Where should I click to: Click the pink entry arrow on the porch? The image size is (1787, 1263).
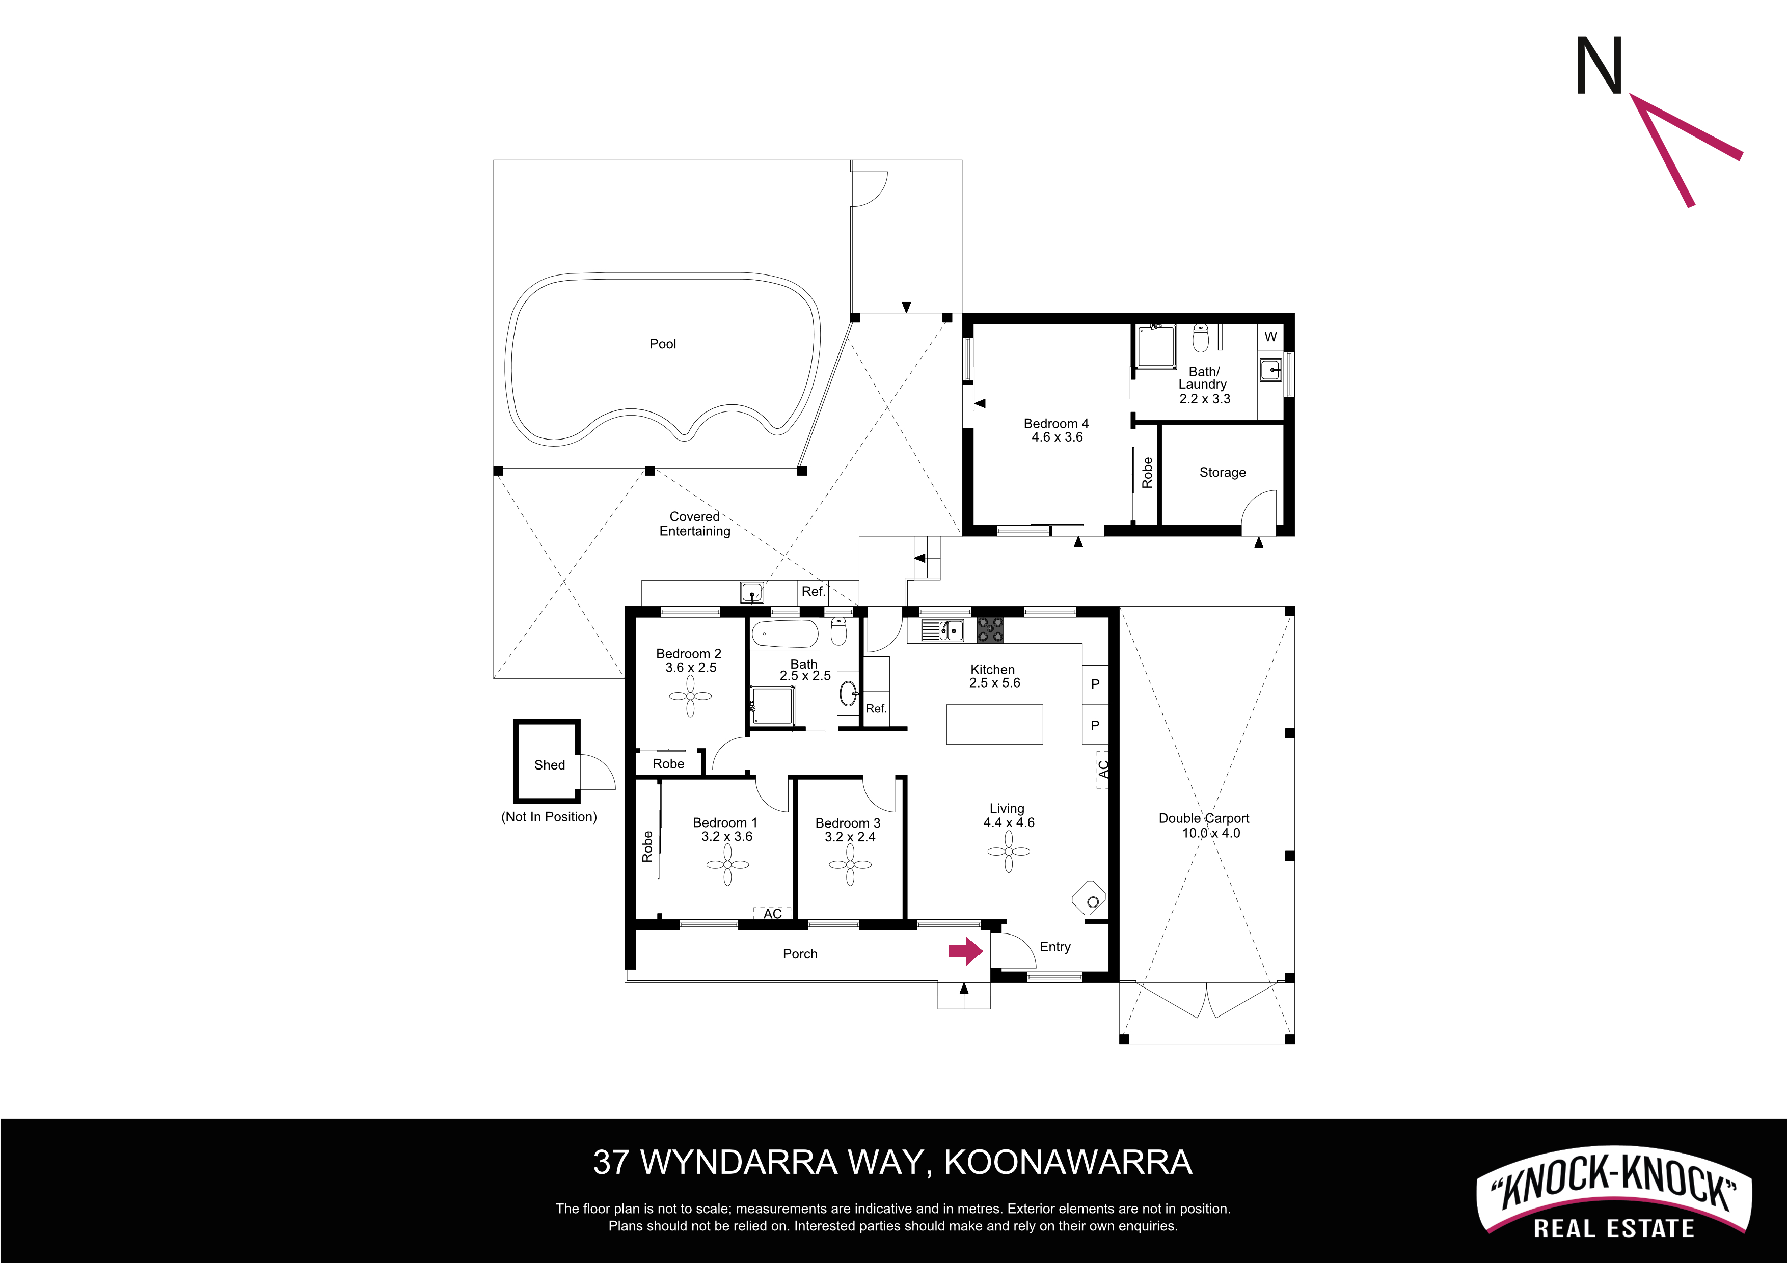[966, 951]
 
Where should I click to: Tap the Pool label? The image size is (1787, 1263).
[663, 344]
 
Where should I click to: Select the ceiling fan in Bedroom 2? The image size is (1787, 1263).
[690, 696]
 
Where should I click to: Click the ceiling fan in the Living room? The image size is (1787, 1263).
[1009, 852]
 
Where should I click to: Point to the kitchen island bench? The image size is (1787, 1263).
[995, 725]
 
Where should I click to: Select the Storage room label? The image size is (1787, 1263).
[1222, 473]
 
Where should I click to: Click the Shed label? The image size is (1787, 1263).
[550, 765]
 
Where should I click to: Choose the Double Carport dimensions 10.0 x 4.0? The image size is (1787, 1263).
[1211, 833]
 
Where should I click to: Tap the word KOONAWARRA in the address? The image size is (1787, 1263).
[1068, 1163]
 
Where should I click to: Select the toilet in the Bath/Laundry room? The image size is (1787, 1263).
[1201, 339]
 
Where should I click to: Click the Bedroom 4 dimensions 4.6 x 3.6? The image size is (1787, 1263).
[1057, 437]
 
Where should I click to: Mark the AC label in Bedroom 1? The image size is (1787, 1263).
[772, 914]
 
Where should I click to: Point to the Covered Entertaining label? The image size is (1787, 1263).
[695, 524]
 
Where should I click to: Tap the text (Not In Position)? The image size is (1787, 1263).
[550, 816]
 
